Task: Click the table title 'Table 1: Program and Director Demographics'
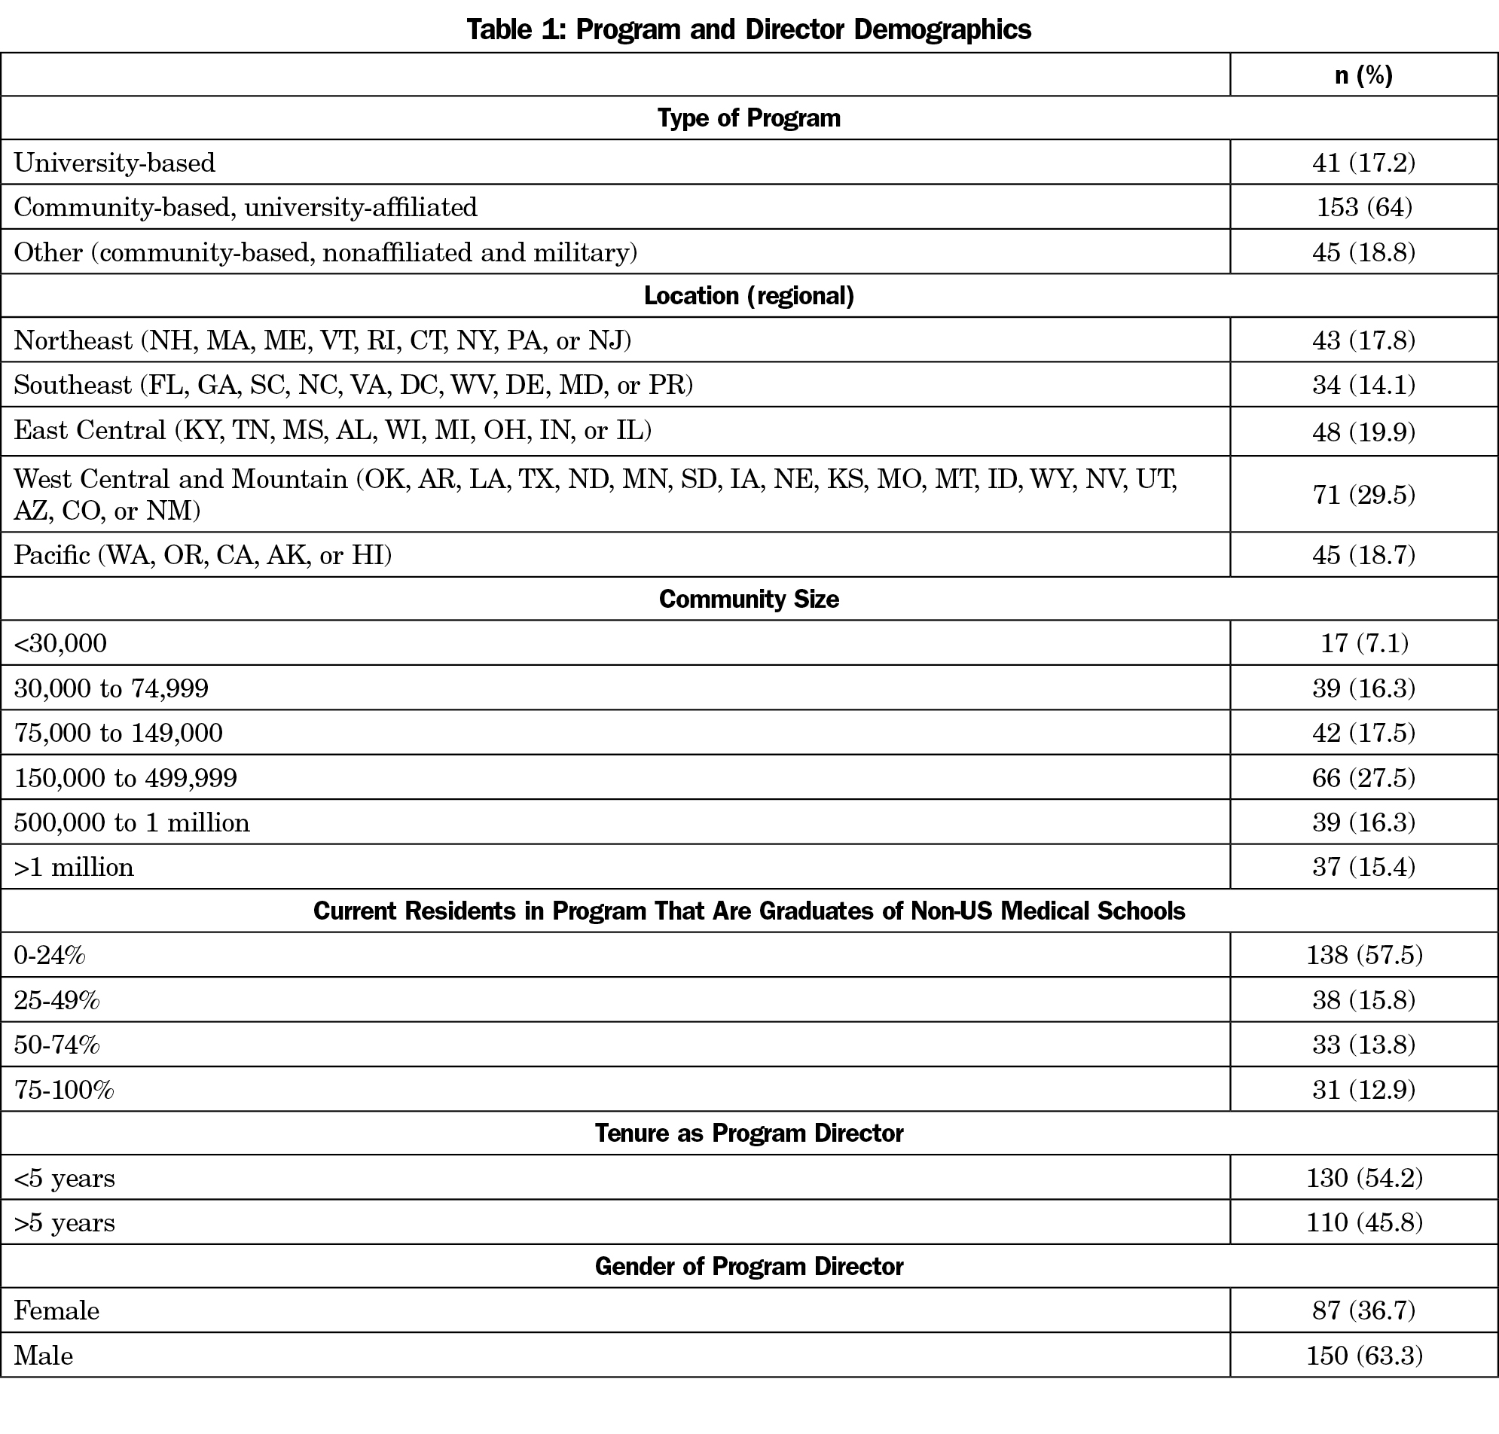[748, 29]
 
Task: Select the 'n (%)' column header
[1363, 75]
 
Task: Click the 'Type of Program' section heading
[748, 117]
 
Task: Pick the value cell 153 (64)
[1363, 207]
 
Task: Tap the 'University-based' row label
[114, 163]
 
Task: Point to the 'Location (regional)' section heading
[748, 296]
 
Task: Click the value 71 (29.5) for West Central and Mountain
[1363, 495]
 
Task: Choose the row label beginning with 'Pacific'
[203, 555]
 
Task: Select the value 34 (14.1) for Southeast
[1363, 385]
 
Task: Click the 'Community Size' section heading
[748, 599]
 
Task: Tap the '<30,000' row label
[60, 644]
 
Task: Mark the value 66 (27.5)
[1363, 777]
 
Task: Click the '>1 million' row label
[74, 867]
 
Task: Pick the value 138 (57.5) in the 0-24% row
[1363, 955]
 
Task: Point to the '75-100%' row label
[64, 1089]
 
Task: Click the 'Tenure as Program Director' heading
[748, 1133]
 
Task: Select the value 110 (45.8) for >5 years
[1363, 1222]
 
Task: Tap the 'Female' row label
[56, 1311]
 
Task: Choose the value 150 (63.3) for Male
[1363, 1355]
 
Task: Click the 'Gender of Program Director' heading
[748, 1267]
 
